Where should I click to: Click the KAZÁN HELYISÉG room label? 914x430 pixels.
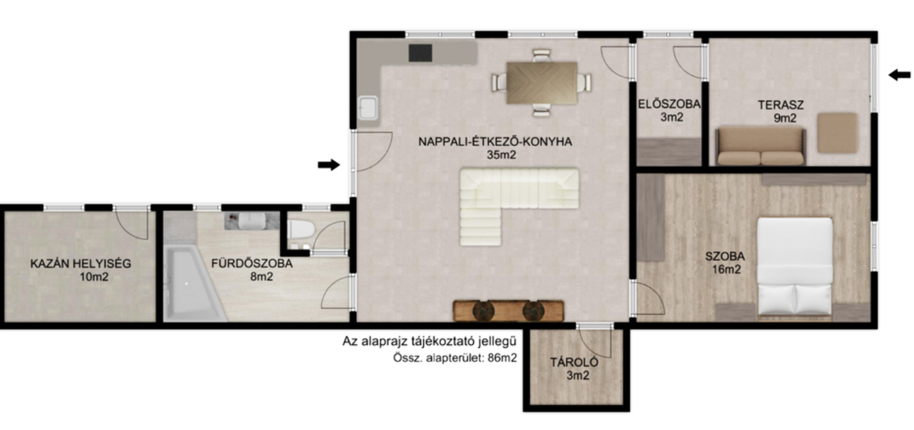tap(80, 263)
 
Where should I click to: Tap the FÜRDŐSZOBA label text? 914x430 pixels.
tap(252, 263)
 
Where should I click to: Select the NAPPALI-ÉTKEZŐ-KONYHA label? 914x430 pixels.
tap(495, 141)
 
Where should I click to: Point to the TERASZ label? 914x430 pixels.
tap(781, 104)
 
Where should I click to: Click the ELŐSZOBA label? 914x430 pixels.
tap(669, 104)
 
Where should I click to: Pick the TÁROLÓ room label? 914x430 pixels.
tap(574, 362)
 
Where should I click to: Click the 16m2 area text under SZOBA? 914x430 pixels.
tap(726, 270)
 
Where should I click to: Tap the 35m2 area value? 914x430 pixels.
tap(501, 155)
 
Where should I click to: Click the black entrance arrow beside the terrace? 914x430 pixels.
tap(900, 75)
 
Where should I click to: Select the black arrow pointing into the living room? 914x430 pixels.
tap(329, 165)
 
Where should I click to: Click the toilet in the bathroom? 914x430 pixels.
tap(300, 230)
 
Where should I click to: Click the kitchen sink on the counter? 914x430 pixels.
tap(368, 108)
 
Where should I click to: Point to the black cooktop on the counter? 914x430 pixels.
tap(420, 53)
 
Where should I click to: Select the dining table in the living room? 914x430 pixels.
tap(542, 83)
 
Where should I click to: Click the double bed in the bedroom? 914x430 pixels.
tap(795, 267)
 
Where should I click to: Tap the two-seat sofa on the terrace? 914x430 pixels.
tap(761, 146)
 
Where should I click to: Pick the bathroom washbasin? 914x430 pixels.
tap(252, 221)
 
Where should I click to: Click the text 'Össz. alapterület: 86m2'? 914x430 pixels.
tap(455, 358)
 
